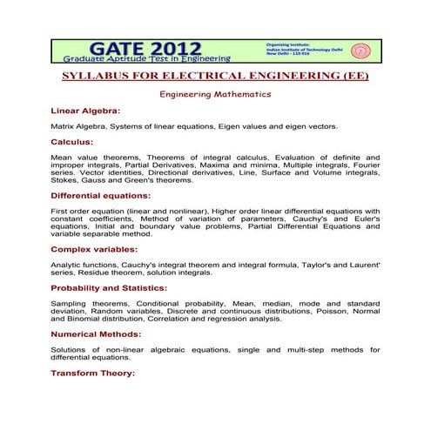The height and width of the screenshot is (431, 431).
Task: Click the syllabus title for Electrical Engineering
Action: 216,76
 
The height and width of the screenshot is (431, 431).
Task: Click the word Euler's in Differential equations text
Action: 365,219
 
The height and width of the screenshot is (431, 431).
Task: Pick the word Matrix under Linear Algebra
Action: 64,126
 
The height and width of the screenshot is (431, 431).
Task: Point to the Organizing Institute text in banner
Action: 290,42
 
